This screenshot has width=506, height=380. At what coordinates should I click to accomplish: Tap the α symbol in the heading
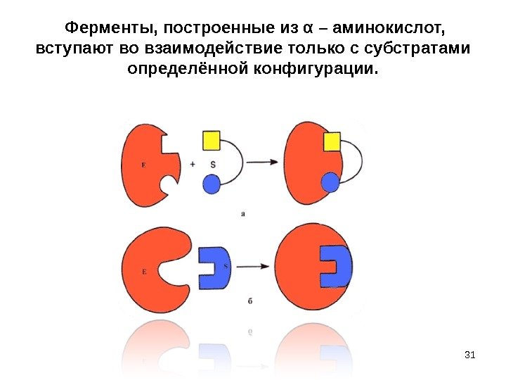point(307,29)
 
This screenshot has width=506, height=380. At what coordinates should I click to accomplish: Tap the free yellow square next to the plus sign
point(212,140)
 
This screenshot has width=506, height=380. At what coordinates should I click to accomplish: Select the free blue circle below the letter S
point(212,184)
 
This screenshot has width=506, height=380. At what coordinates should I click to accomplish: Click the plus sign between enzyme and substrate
point(193,163)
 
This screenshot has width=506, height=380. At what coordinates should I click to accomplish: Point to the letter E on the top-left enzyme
point(143,165)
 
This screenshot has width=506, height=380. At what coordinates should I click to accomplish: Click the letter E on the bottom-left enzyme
point(143,270)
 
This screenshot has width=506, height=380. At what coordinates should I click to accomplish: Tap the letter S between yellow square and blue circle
point(212,164)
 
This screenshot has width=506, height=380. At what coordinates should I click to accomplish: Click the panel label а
point(242,213)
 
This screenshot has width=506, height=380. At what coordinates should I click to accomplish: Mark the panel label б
point(250,300)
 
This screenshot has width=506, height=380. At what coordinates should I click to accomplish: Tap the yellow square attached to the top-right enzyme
point(331,141)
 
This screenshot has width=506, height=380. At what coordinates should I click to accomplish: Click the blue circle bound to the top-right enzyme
point(330,183)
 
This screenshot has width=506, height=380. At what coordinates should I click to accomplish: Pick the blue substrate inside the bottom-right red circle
point(335,266)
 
